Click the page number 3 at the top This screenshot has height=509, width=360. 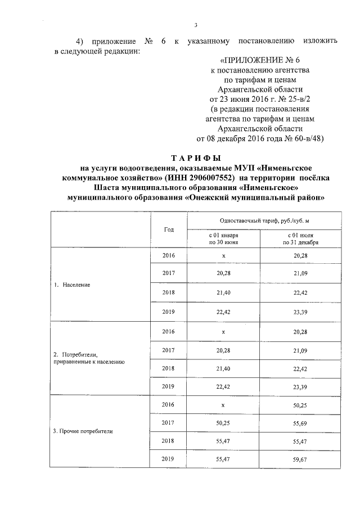[x=196, y=25]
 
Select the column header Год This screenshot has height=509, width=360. [x=169, y=229]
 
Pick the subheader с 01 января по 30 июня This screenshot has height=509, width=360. [x=224, y=238]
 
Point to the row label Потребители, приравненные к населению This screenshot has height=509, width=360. [x=88, y=358]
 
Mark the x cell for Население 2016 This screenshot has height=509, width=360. [x=223, y=256]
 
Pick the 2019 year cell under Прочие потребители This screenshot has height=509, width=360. [x=168, y=459]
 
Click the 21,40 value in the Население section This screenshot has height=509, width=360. [x=223, y=293]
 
